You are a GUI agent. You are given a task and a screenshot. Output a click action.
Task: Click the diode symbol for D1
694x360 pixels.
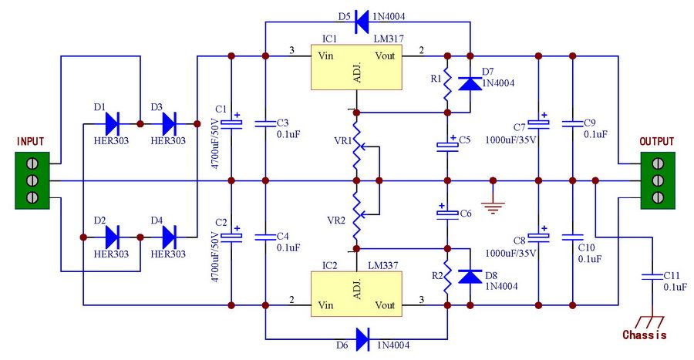point(111,123)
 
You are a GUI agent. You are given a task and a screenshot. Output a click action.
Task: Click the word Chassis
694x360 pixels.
point(644,335)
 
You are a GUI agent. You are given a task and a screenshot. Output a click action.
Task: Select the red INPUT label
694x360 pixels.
point(30,142)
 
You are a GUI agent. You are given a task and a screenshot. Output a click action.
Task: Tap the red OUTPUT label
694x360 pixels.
point(656,142)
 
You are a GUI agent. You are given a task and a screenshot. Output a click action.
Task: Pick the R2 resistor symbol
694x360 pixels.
point(447,284)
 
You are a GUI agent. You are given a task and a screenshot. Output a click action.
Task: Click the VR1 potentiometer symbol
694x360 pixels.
point(356,146)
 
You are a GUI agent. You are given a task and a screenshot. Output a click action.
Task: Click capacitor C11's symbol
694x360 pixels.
point(652,276)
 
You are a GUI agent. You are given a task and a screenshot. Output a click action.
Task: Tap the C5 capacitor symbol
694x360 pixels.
point(447,144)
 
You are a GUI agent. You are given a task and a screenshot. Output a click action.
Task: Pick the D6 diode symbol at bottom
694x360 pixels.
point(362,338)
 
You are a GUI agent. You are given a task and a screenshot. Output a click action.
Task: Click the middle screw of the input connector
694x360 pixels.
point(33,180)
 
